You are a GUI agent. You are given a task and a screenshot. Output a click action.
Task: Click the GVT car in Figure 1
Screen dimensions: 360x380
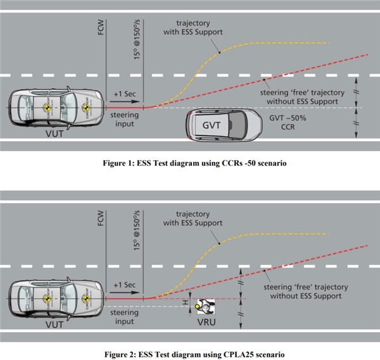coord(225,125)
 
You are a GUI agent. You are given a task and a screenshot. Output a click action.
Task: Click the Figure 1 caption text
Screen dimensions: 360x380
coord(191,163)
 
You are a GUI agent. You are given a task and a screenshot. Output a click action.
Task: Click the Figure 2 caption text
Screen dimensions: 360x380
coord(191,353)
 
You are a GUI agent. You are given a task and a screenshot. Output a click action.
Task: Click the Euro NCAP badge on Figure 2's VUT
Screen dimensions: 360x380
coord(46,296)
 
